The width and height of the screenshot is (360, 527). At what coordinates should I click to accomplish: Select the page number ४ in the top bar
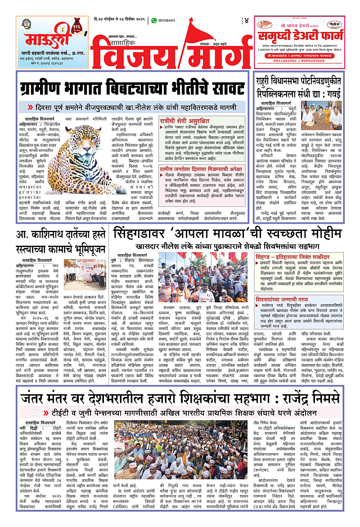tap(246, 21)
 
